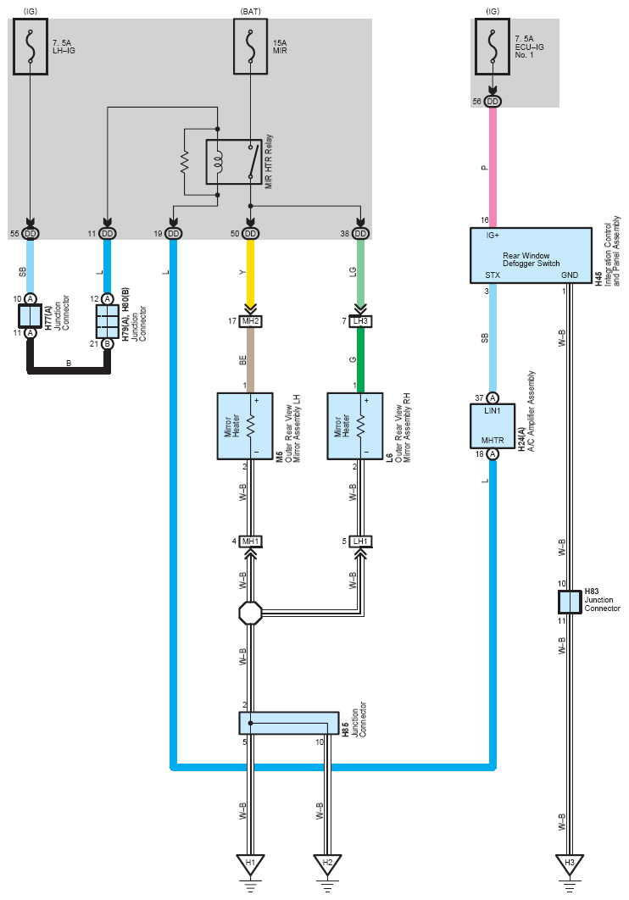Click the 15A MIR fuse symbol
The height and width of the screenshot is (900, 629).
tap(250, 47)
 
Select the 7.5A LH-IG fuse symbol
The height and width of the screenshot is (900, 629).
tap(31, 47)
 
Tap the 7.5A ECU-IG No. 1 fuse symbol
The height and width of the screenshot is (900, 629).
tap(493, 47)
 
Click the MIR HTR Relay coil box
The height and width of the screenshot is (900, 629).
tap(234, 162)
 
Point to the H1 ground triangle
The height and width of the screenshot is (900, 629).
tap(250, 864)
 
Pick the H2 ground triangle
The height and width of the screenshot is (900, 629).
tap(327, 864)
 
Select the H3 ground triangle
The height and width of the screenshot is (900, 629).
tap(570, 864)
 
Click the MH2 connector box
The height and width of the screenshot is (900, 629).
tap(250, 321)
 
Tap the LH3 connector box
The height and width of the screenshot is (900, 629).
tap(360, 321)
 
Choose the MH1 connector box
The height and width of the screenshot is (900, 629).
tap(250, 542)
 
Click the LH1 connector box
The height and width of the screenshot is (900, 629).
tap(360, 542)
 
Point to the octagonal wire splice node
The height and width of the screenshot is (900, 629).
tap(250, 613)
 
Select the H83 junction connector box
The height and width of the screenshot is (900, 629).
tap(570, 602)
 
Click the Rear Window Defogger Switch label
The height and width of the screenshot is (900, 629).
tap(531, 259)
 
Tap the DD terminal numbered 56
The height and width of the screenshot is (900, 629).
tap(493, 102)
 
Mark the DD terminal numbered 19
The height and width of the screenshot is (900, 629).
tap(173, 234)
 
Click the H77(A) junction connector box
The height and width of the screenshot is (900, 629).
tap(31, 316)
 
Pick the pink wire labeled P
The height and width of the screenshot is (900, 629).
tap(493, 167)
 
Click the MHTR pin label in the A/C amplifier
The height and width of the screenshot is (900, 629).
tap(493, 440)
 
